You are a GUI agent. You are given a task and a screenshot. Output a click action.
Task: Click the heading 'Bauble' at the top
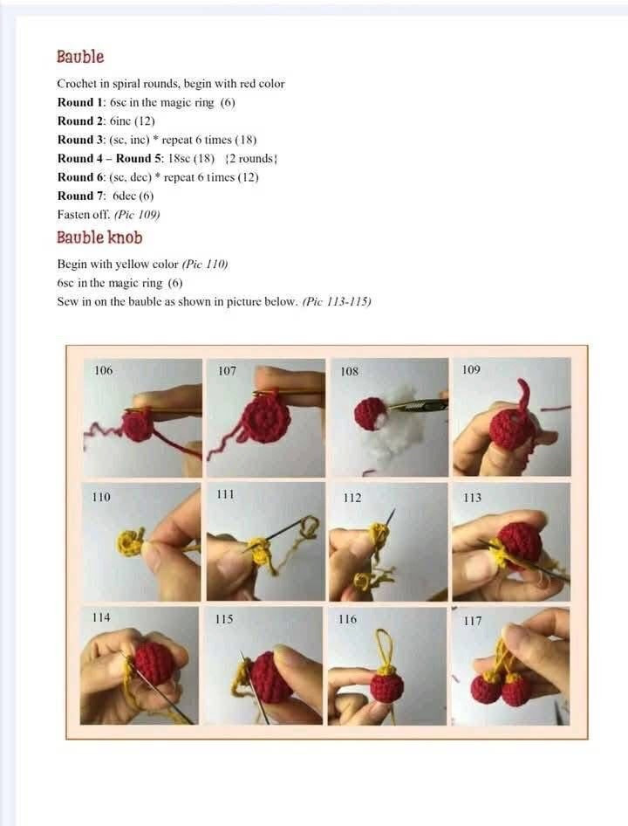80,57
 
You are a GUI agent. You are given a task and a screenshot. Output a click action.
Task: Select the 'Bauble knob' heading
99,237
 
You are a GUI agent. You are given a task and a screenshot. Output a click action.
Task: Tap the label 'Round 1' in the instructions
80,102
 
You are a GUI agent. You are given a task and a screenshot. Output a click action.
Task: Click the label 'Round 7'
81,196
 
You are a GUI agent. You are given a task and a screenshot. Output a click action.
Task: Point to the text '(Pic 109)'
137,214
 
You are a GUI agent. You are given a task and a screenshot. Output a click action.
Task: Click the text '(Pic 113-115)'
337,301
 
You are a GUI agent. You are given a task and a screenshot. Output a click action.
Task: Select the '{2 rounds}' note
251,158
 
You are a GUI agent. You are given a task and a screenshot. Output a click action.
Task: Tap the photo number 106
103,370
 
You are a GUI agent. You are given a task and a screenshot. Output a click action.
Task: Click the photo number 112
352,498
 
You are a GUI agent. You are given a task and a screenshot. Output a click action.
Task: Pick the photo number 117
472,621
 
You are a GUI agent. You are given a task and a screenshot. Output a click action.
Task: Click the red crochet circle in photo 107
266,420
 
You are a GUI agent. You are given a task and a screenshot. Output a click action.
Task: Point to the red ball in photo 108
370,413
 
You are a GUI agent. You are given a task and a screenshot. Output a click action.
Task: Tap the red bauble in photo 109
510,429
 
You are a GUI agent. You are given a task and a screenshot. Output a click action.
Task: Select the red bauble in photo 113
519,542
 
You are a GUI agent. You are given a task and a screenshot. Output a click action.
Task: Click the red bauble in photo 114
154,664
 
